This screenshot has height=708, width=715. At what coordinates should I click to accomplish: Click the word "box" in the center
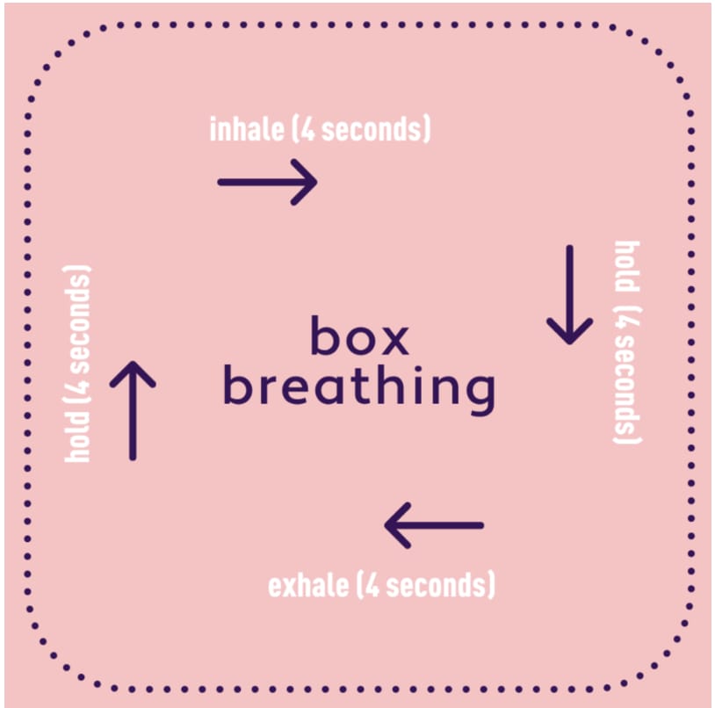point(360,336)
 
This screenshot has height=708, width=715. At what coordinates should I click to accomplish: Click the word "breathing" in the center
point(359,390)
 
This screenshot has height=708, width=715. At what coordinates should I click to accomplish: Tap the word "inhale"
point(247,129)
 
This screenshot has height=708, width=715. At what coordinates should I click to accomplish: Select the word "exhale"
point(308,585)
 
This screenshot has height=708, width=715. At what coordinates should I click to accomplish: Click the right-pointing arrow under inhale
point(268,182)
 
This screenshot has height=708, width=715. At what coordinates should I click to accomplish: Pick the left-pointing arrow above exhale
point(434,525)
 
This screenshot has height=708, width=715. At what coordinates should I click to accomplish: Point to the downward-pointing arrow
point(569,295)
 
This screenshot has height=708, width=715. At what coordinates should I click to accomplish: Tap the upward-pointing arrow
point(133,411)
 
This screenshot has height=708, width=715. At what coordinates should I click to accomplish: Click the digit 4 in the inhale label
point(308,129)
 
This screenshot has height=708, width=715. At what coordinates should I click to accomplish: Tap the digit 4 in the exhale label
point(372,585)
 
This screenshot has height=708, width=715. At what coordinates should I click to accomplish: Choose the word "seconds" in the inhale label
point(373,129)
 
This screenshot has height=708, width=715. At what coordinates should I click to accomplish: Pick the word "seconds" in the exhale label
point(438,585)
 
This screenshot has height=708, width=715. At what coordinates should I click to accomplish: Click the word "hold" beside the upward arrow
point(77,437)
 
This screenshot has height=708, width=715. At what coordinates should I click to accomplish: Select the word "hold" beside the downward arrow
point(627,266)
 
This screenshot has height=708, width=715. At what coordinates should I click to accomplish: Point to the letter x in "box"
point(394,340)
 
